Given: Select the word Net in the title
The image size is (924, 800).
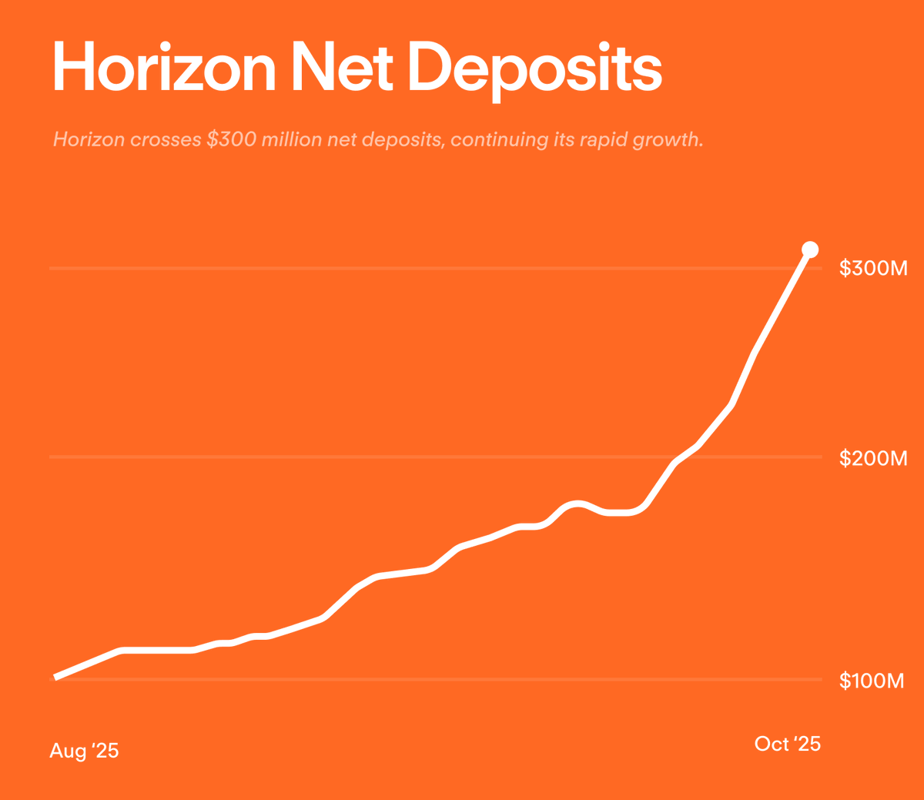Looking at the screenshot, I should click(x=343, y=68).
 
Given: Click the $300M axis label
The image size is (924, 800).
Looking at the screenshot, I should click(x=873, y=268).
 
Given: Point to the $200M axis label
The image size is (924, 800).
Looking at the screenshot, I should click(x=873, y=458).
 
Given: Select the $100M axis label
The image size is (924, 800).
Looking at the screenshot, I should click(x=872, y=680).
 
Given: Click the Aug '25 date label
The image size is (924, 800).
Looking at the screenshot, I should click(x=84, y=750).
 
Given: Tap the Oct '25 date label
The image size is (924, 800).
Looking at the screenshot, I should click(x=787, y=743).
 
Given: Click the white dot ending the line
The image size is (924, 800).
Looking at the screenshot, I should click(x=810, y=249).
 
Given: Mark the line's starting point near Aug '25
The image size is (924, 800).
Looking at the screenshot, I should click(x=55, y=678).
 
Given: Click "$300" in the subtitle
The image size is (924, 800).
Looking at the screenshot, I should click(x=231, y=140).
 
